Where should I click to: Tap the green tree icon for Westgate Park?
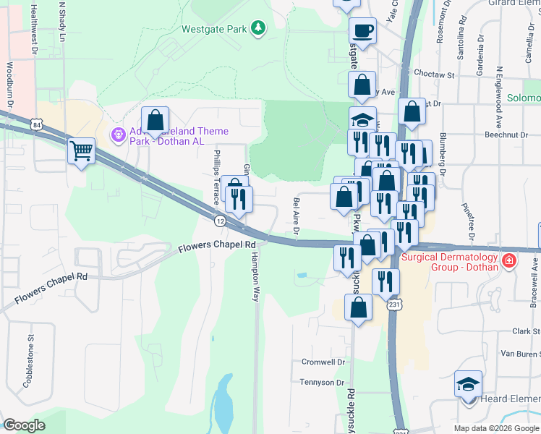(258, 29)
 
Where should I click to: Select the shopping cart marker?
(81, 152)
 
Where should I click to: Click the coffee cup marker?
(362, 31)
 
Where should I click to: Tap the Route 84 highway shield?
(36, 126)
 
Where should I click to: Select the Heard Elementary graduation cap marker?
(468, 384)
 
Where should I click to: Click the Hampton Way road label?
(255, 282)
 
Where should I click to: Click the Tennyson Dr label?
(323, 382)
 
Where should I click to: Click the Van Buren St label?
(521, 353)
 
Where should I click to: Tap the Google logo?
(24, 425)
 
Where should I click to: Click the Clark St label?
(527, 331)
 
